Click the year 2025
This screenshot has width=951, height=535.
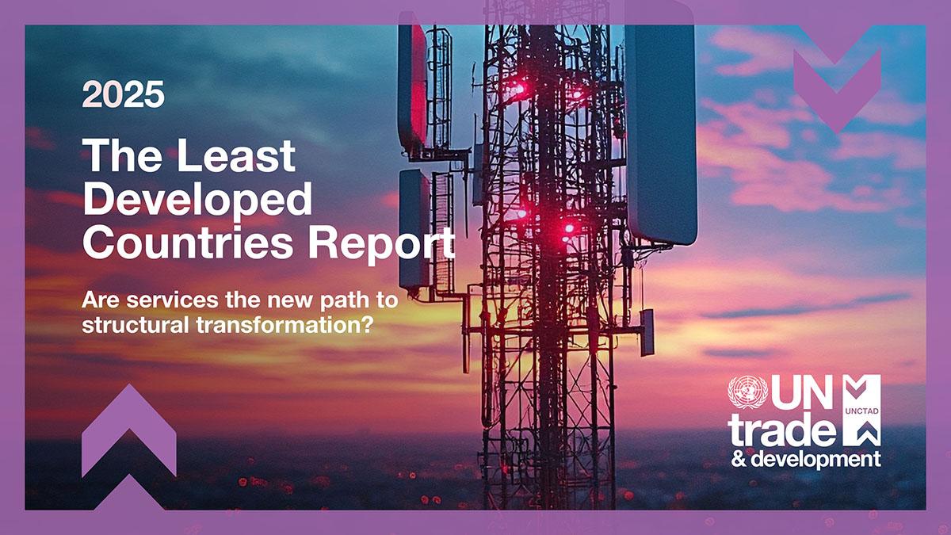coord(124,94)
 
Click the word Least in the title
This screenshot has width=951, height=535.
coord(235,155)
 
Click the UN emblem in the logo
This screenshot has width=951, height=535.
coord(747,392)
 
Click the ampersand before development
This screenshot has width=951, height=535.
coord(738,459)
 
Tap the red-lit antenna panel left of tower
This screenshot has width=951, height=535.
coord(412,86)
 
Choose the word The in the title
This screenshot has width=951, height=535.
coord(123,155)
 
